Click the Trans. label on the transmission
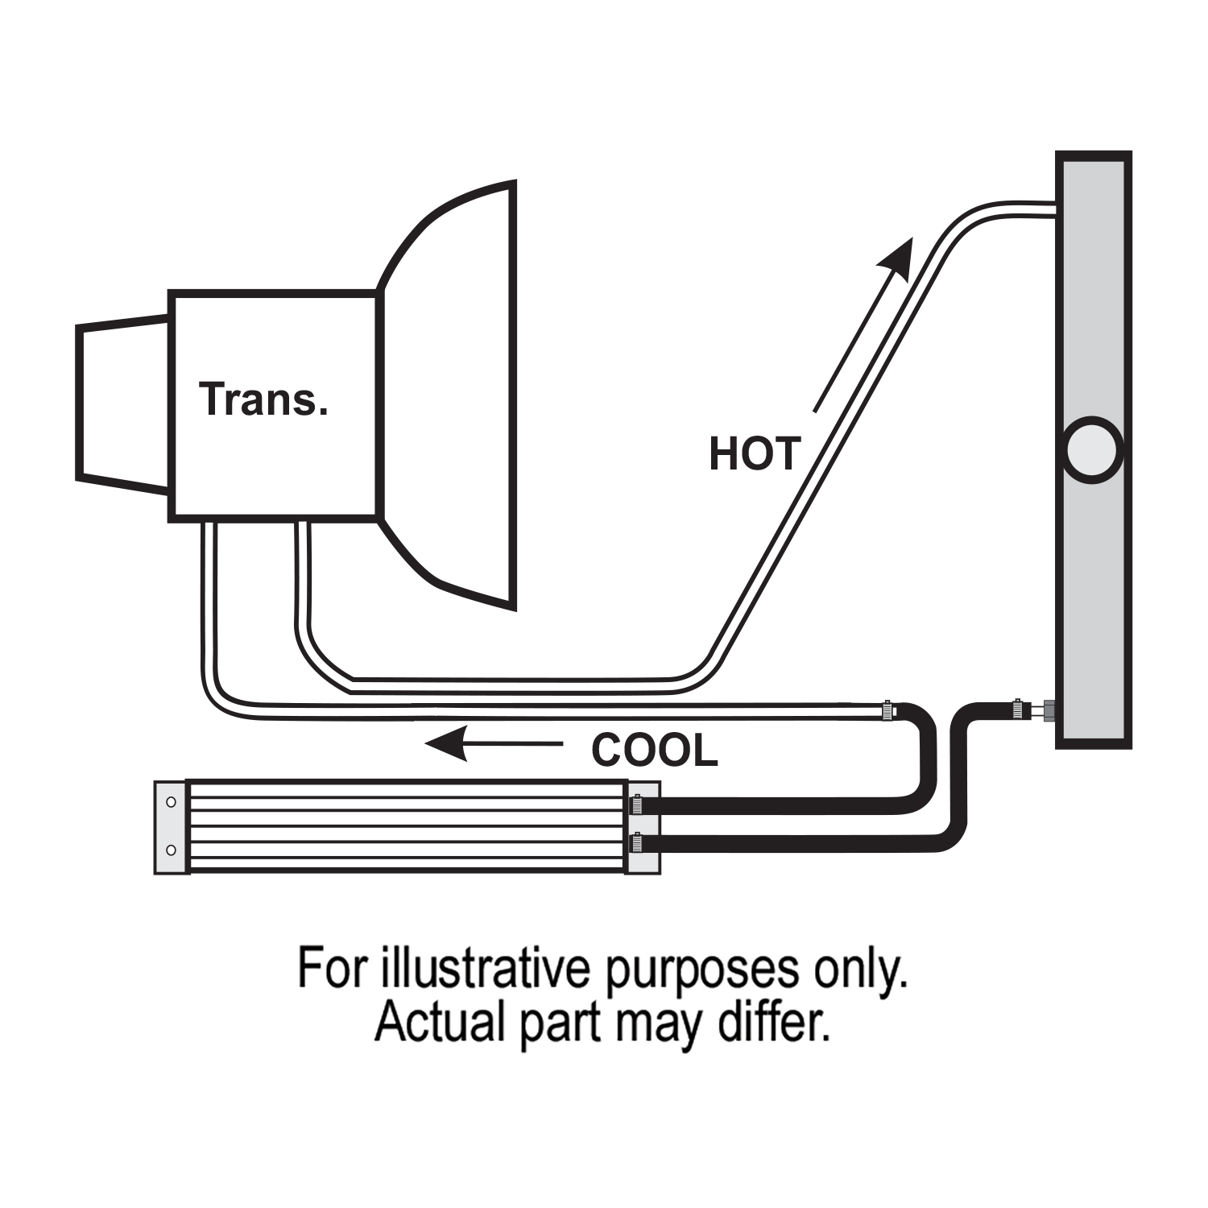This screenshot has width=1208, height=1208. coord(263,400)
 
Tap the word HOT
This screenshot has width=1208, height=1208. coord(754,453)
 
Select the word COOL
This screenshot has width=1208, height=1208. coord(654,751)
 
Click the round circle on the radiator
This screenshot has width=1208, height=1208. coord(1092,450)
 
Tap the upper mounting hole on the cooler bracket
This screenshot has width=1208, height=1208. coord(171,802)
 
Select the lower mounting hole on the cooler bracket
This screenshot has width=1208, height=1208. coord(171,850)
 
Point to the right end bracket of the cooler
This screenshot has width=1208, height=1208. coord(644,826)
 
